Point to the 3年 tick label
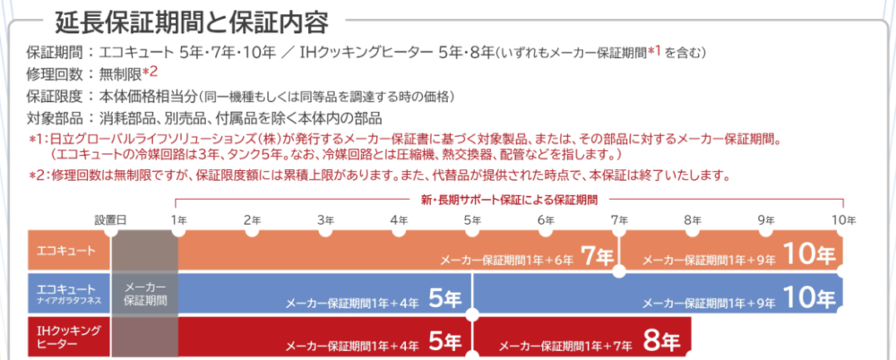tap(325, 219)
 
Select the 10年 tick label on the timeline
tap(843, 219)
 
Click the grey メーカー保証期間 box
tap(144, 294)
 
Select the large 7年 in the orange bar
tap(597, 256)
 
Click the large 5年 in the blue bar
tap(444, 299)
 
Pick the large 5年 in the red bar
tap(444, 342)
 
